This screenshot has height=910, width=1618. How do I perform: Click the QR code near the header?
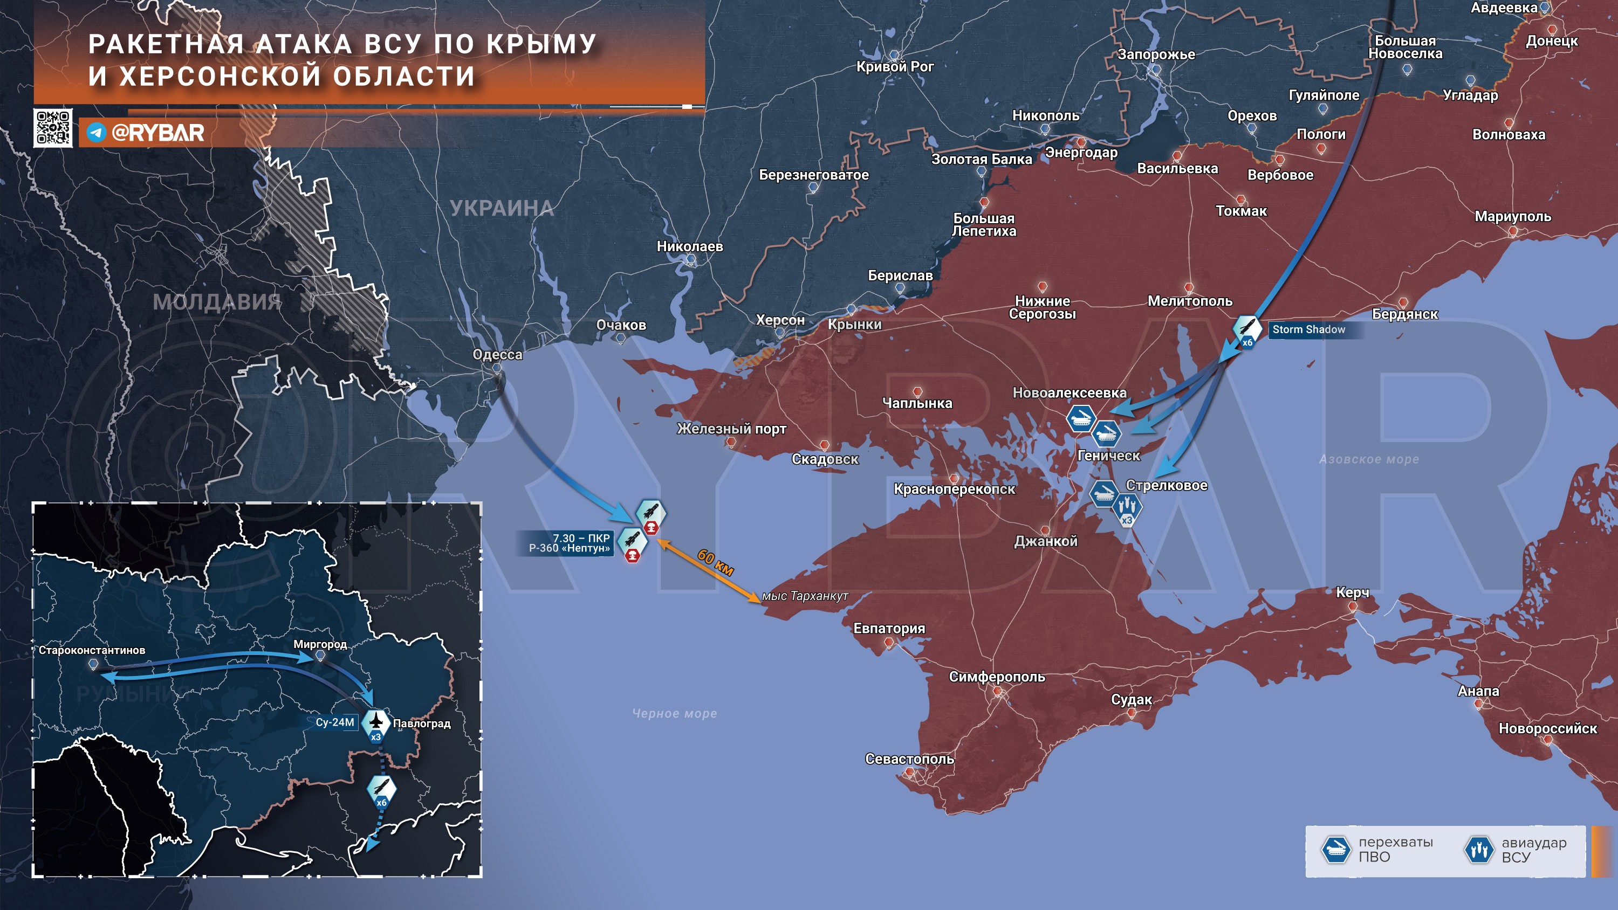(53, 128)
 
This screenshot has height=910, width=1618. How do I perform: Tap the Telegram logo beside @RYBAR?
(96, 133)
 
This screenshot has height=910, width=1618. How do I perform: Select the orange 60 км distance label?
(715, 562)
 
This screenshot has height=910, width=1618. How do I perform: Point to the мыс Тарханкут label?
(805, 596)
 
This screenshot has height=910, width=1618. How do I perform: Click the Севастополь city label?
(909, 759)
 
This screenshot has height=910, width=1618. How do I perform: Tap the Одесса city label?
(497, 354)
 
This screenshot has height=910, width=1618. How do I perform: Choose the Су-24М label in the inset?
(335, 722)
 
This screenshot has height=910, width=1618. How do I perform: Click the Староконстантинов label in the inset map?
(92, 650)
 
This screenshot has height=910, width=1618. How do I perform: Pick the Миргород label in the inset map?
(320, 644)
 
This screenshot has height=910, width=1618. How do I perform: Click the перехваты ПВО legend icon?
(1335, 850)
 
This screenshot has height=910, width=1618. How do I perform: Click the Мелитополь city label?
(1190, 301)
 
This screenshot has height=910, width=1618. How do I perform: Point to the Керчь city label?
(1352, 592)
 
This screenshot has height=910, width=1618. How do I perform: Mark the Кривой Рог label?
(895, 66)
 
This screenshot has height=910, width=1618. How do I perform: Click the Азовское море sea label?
(1369, 459)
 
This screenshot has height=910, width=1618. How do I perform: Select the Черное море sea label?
(675, 713)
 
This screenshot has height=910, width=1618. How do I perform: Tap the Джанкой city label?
(1046, 541)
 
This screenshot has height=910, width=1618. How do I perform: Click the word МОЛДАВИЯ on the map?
(217, 302)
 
